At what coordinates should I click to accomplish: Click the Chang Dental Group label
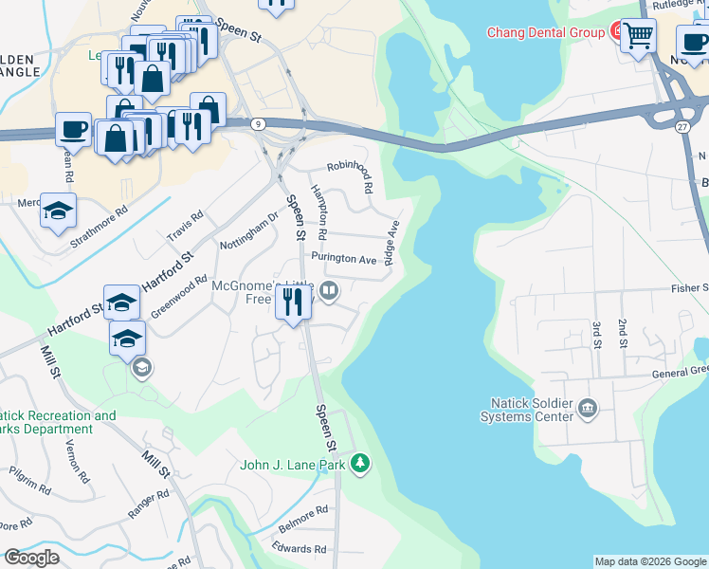545,32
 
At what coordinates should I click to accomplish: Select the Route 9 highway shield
259,123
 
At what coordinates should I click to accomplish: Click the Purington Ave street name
345,259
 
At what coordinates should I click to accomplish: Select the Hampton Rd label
319,211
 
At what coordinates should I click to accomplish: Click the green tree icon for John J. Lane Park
359,464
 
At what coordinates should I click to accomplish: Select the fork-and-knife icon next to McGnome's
293,303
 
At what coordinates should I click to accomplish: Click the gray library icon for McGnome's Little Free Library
329,291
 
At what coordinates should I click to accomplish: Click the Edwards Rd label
299,548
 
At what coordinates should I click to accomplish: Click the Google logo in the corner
31,558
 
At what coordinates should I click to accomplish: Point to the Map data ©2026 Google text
650,561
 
